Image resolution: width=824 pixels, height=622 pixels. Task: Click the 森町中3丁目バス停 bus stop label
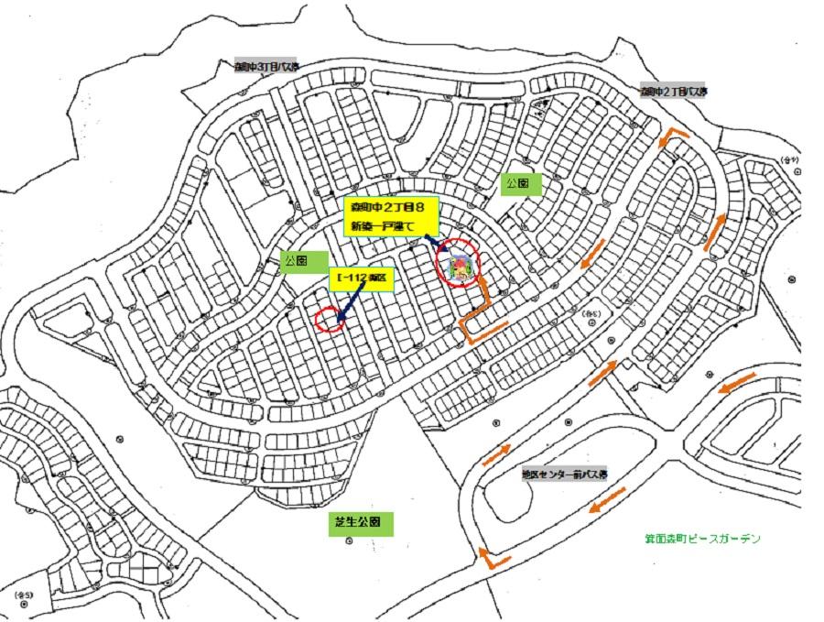[266, 67]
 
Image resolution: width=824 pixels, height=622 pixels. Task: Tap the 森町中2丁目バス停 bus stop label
[675, 92]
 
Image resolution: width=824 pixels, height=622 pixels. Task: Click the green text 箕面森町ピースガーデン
[701, 539]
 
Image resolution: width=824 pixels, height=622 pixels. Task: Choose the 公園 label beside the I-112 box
[296, 260]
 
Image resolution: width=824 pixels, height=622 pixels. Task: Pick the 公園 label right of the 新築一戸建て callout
[523, 183]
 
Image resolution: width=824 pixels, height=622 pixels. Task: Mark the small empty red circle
[328, 320]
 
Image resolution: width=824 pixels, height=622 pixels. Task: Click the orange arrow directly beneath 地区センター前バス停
[608, 500]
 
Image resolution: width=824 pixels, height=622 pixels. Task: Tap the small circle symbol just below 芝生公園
[349, 542]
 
